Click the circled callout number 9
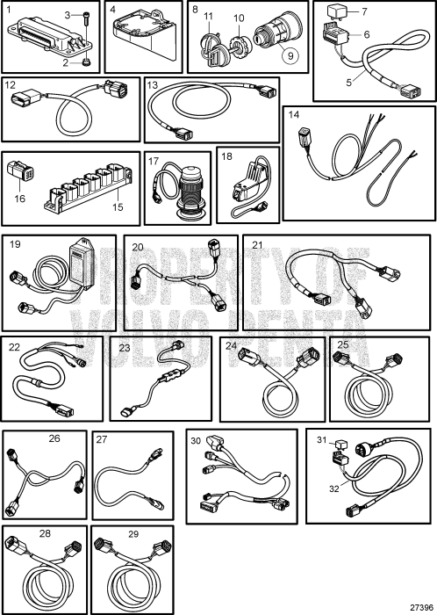pos(290,55)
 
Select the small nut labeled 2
pos(86,62)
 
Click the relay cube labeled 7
pos(336,13)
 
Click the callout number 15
pos(118,206)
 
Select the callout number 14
pos(294,114)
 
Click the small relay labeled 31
pos(336,445)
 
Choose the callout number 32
pos(334,488)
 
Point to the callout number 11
pos(208,17)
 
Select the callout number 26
pos(54,438)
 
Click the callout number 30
pos(196,440)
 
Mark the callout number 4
pos(113,9)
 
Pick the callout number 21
pos(257,245)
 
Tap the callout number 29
pos(133,534)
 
